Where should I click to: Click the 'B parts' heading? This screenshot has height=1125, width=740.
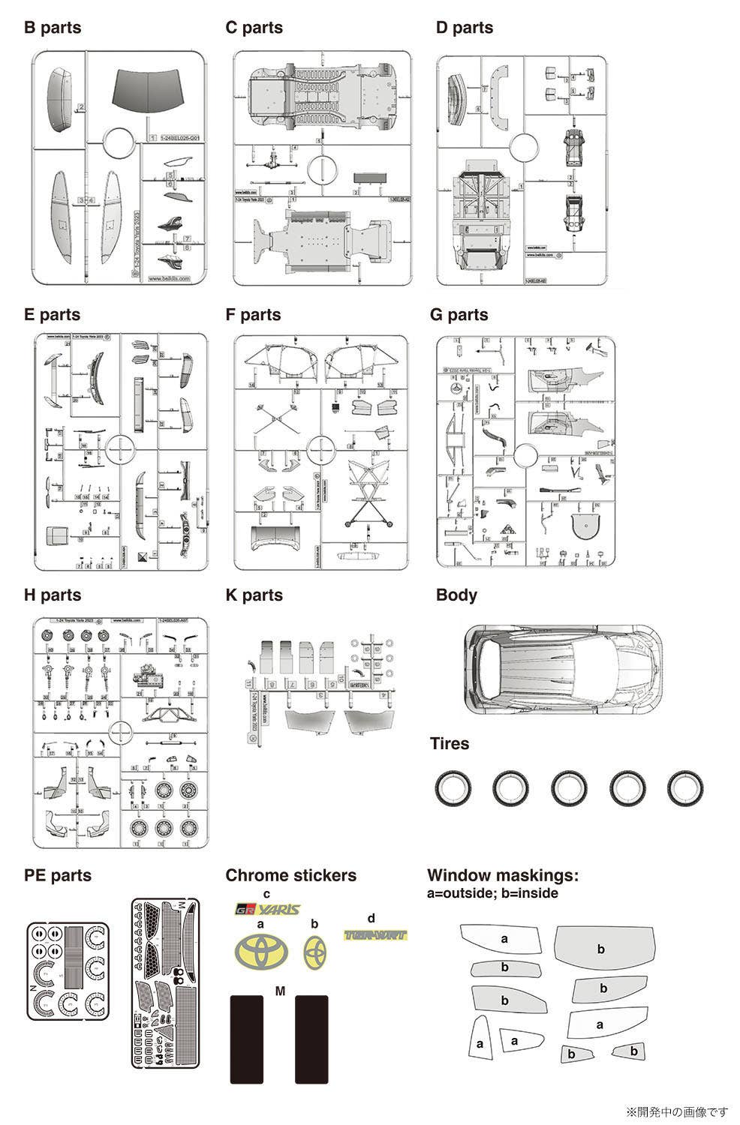click(x=53, y=28)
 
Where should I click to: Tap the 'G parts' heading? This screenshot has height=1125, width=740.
click(x=459, y=315)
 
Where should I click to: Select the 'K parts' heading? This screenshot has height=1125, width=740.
click(x=254, y=595)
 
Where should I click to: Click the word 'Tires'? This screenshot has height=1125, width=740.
click(x=450, y=744)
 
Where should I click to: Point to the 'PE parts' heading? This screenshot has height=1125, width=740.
click(x=58, y=875)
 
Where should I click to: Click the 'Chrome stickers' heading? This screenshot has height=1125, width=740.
click(x=290, y=875)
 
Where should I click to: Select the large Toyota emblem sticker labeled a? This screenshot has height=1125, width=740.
click(x=261, y=951)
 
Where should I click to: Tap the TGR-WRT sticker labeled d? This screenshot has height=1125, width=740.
click(x=375, y=935)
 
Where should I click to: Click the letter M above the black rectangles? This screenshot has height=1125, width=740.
click(x=281, y=991)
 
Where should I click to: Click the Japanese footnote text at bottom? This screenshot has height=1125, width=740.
click(x=677, y=1111)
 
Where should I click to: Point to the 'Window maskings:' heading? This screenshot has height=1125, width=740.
click(x=503, y=875)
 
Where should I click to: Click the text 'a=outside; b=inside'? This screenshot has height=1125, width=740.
click(x=492, y=893)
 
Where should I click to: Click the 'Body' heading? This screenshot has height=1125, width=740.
click(x=456, y=595)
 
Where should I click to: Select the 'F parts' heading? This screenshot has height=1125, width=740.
click(x=253, y=315)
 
